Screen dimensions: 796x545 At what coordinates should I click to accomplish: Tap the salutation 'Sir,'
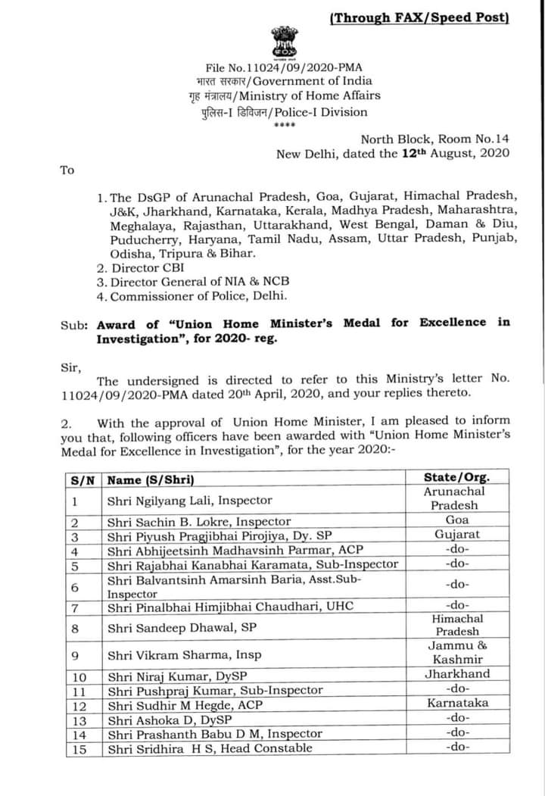click(69, 367)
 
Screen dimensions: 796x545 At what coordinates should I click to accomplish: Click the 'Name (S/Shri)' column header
click(151, 479)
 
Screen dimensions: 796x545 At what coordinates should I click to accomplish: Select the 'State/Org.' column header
click(456, 477)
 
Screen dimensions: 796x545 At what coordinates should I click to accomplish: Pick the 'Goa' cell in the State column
click(457, 520)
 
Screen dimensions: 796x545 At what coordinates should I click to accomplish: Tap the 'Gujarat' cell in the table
click(457, 534)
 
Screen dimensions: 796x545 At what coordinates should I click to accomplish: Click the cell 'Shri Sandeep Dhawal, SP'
click(182, 626)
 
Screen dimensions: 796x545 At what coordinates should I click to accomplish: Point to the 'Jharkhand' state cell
click(457, 674)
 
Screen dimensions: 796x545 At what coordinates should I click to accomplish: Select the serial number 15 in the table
click(79, 748)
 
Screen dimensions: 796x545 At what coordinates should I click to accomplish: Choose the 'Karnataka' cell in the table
click(457, 703)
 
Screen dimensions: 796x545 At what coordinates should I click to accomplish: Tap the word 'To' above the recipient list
click(67, 170)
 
